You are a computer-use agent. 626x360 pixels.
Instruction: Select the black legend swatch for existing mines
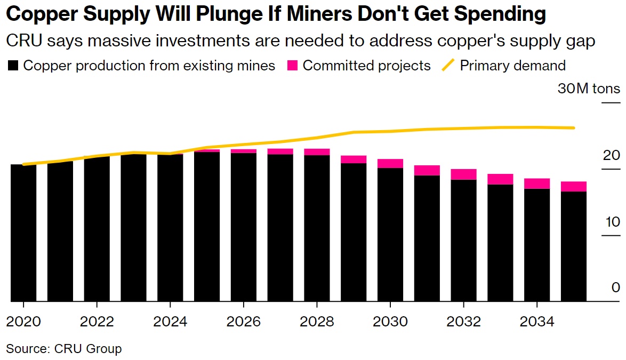click(13, 66)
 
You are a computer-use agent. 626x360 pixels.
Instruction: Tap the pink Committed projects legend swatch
click(292, 66)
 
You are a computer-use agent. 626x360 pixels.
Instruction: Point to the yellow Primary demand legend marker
click(449, 66)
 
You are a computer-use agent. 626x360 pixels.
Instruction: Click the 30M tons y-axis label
click(589, 89)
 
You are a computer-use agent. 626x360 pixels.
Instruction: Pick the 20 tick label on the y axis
click(611, 156)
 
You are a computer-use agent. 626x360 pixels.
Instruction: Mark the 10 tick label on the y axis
click(611, 222)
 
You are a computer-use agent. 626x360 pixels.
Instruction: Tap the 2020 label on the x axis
click(23, 322)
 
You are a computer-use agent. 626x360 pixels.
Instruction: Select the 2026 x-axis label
click(243, 322)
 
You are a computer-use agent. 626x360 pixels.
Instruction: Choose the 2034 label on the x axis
click(536, 322)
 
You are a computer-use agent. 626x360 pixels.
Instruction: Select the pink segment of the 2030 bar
click(390, 163)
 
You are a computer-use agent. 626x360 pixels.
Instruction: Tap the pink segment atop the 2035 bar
click(573, 186)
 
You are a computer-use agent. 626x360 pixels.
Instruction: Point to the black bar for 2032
click(463, 240)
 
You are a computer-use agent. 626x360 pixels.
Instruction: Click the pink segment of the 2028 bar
click(317, 152)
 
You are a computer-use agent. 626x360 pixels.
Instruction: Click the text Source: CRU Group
click(64, 349)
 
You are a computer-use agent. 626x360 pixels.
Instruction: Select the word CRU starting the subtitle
click(21, 41)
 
